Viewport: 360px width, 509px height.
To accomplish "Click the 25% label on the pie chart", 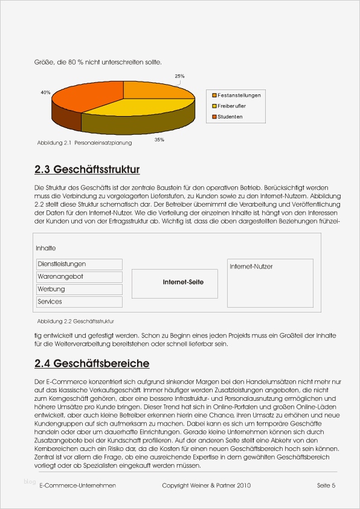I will tap(179, 76).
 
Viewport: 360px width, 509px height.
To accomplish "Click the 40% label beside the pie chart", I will tap(45, 92).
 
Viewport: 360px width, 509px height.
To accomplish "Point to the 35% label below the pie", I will tap(159, 140).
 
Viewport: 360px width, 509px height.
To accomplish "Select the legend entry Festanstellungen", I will tap(239, 96).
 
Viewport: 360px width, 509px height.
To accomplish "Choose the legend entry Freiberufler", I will tap(232, 106).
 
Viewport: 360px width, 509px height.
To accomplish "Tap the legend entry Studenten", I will tap(230, 117).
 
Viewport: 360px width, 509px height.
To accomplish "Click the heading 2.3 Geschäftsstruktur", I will tap(88, 169).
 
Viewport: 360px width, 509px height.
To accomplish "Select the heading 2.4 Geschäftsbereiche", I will tap(92, 363).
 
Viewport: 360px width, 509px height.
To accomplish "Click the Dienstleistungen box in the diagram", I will tap(79, 264).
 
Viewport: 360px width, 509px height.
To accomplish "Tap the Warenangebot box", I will tap(79, 276).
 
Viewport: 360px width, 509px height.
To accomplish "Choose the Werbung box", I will tap(79, 289).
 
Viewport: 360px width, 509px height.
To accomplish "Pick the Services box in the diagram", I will tap(79, 302).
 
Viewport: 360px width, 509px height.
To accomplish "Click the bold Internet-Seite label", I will tap(183, 282).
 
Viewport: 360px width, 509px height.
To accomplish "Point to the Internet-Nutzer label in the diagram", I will tap(251, 267).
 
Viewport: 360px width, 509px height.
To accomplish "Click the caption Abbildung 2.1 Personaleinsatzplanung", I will tap(84, 143).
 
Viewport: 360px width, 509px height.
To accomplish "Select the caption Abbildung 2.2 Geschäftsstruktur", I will tap(76, 321).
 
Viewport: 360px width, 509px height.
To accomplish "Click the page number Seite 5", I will tap(326, 485).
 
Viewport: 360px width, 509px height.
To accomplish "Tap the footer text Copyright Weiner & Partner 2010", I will tap(207, 485).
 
